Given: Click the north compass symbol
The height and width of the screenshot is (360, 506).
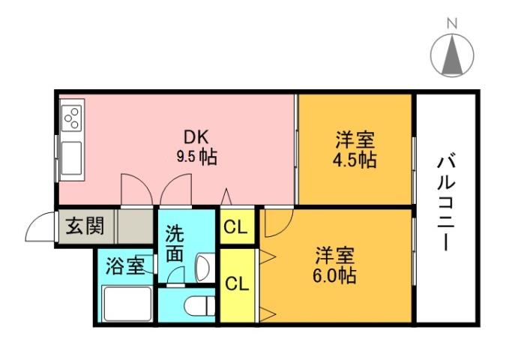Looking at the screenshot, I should pos(452,55).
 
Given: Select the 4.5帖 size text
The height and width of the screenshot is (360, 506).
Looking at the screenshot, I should pos(355,160).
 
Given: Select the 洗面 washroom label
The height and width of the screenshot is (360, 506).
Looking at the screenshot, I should pos(174,244).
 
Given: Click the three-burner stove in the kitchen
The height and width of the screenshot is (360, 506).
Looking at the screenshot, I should pos(73,118).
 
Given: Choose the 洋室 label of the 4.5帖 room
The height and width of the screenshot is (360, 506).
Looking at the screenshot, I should pos(355,139).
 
